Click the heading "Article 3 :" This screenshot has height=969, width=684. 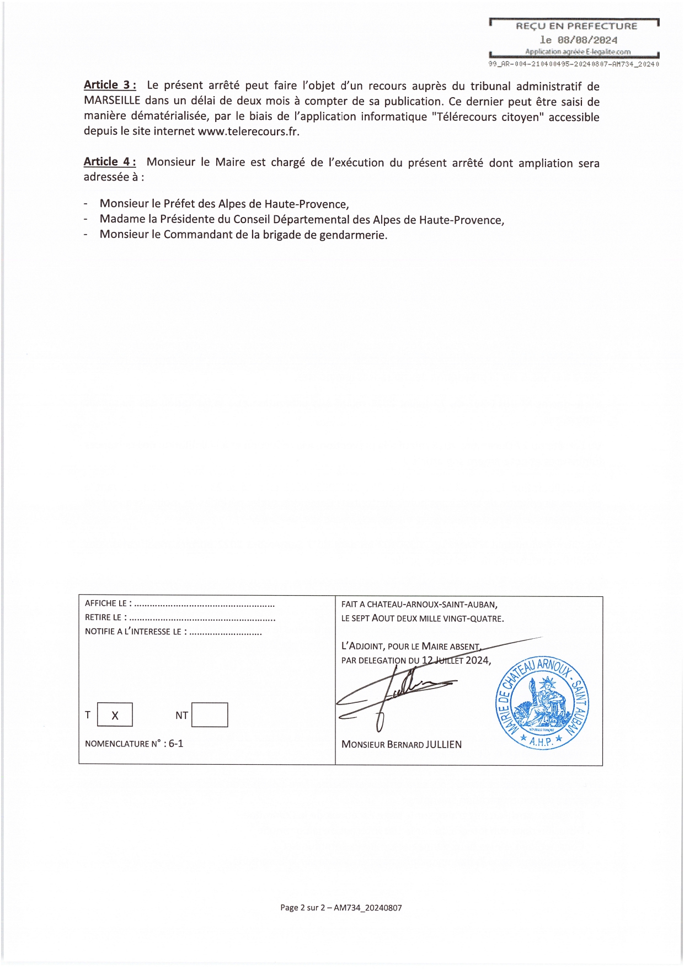pyautogui.click(x=110, y=85)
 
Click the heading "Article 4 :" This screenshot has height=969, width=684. pyautogui.click(x=110, y=162)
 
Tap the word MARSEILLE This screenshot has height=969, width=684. pyautogui.click(x=112, y=101)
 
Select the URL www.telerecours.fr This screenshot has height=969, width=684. pyautogui.click(x=248, y=131)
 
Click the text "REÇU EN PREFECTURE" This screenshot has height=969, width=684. pyautogui.click(x=576, y=26)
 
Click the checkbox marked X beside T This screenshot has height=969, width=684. pyautogui.click(x=115, y=715)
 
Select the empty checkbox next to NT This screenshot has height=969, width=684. pyautogui.click(x=210, y=715)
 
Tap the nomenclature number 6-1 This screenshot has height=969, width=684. pyautogui.click(x=176, y=743)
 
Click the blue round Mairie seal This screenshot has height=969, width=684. pyautogui.click(x=542, y=703)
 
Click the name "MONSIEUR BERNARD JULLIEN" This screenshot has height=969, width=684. pyautogui.click(x=402, y=744)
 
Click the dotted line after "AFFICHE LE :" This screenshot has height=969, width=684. pyautogui.click(x=204, y=604)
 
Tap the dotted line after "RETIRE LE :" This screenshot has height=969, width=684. pyautogui.click(x=202, y=618)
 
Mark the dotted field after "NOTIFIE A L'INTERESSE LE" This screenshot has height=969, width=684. pyautogui.click(x=226, y=632)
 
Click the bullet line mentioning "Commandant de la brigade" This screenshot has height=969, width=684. pyautogui.click(x=243, y=235)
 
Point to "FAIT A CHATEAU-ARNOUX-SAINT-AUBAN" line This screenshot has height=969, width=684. pyautogui.click(x=419, y=605)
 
